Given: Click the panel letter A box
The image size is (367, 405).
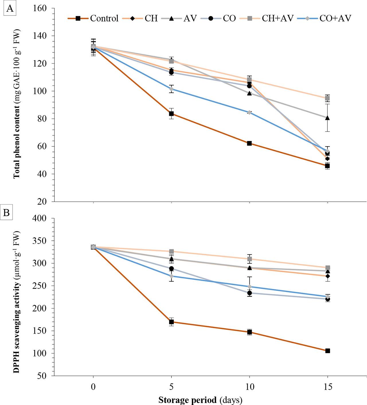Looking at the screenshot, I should pos(9,9).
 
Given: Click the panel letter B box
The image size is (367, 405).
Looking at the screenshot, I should pos(6,213).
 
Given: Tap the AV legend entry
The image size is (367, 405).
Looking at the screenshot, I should pos(184,18).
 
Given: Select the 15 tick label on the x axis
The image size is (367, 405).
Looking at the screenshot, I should pos(327,387).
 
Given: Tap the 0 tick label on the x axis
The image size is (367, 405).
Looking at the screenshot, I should pos(93,387).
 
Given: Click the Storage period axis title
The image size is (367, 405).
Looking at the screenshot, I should pos(200,400).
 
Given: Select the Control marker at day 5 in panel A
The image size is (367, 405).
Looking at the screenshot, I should pos(171,114).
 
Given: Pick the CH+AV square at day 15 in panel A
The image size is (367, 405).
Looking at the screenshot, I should pos(327,98).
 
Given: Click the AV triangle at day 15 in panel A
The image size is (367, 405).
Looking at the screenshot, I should pos(327,118).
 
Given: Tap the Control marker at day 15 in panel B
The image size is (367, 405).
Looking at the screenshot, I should pos(327,351).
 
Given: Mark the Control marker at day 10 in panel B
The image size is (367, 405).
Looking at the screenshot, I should pos(249,332).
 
